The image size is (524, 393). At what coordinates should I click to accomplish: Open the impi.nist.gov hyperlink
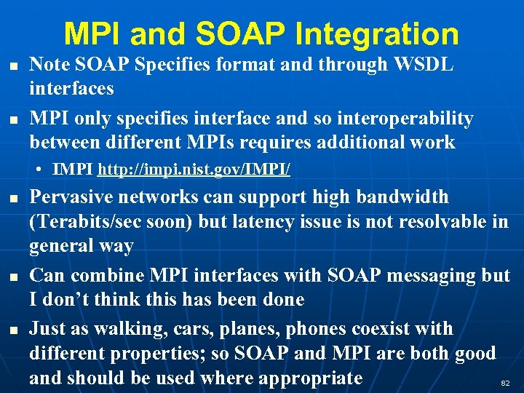click(194, 170)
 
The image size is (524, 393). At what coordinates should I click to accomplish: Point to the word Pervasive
click(72, 197)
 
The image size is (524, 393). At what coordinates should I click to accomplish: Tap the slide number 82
click(506, 383)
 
